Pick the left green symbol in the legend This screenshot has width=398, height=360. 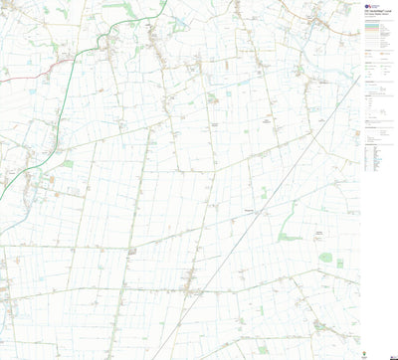coord(366,69)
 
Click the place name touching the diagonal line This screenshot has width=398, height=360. coord(249,210)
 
